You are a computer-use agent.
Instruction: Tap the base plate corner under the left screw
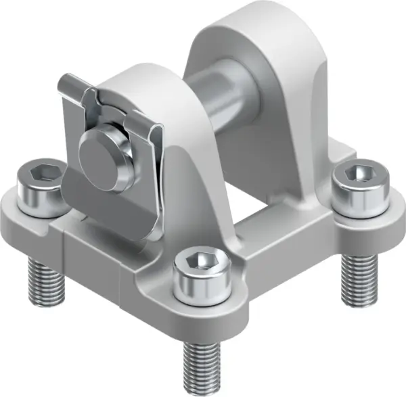pos(20,216)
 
